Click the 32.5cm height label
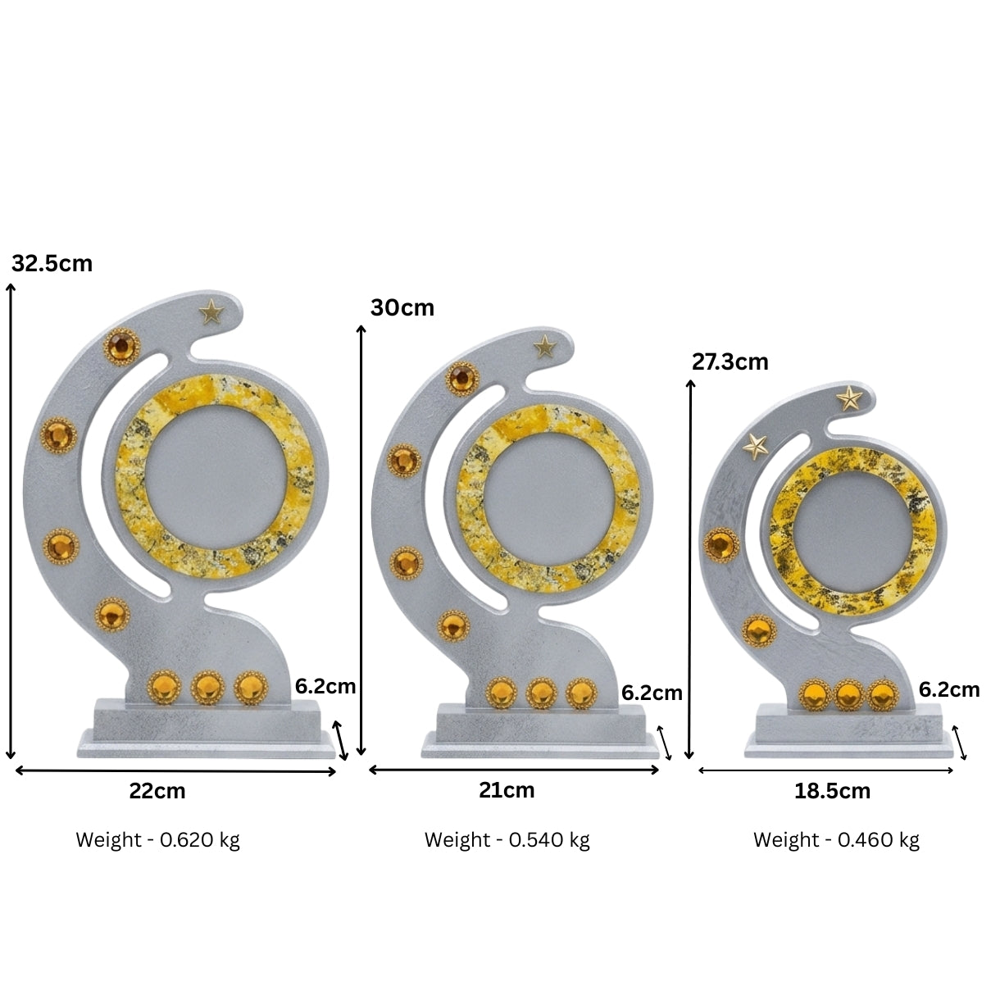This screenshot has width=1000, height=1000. [52, 264]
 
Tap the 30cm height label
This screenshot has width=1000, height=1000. [402, 307]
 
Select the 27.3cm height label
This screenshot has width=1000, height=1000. [730, 361]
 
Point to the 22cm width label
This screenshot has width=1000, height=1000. [157, 791]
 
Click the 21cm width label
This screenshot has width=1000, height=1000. [507, 790]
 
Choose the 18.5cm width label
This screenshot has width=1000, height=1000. [833, 791]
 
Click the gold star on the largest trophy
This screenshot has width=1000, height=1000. [211, 312]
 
